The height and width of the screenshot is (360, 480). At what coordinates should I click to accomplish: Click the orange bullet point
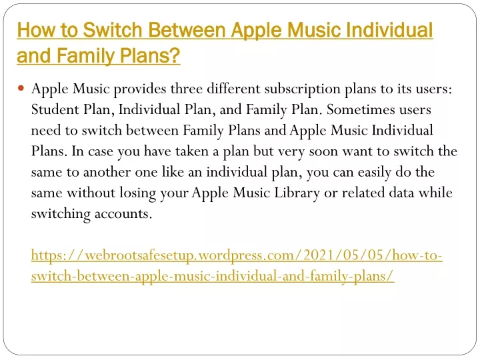click(21, 89)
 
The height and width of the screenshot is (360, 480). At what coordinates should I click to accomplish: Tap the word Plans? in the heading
click(150, 56)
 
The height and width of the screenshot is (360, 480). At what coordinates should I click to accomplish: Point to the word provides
click(140, 89)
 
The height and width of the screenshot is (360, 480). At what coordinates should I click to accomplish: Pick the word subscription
click(303, 89)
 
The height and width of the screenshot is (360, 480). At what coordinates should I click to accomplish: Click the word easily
click(375, 173)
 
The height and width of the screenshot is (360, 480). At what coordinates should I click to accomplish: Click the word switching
click(61, 214)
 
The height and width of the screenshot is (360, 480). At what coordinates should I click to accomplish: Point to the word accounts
click(123, 214)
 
